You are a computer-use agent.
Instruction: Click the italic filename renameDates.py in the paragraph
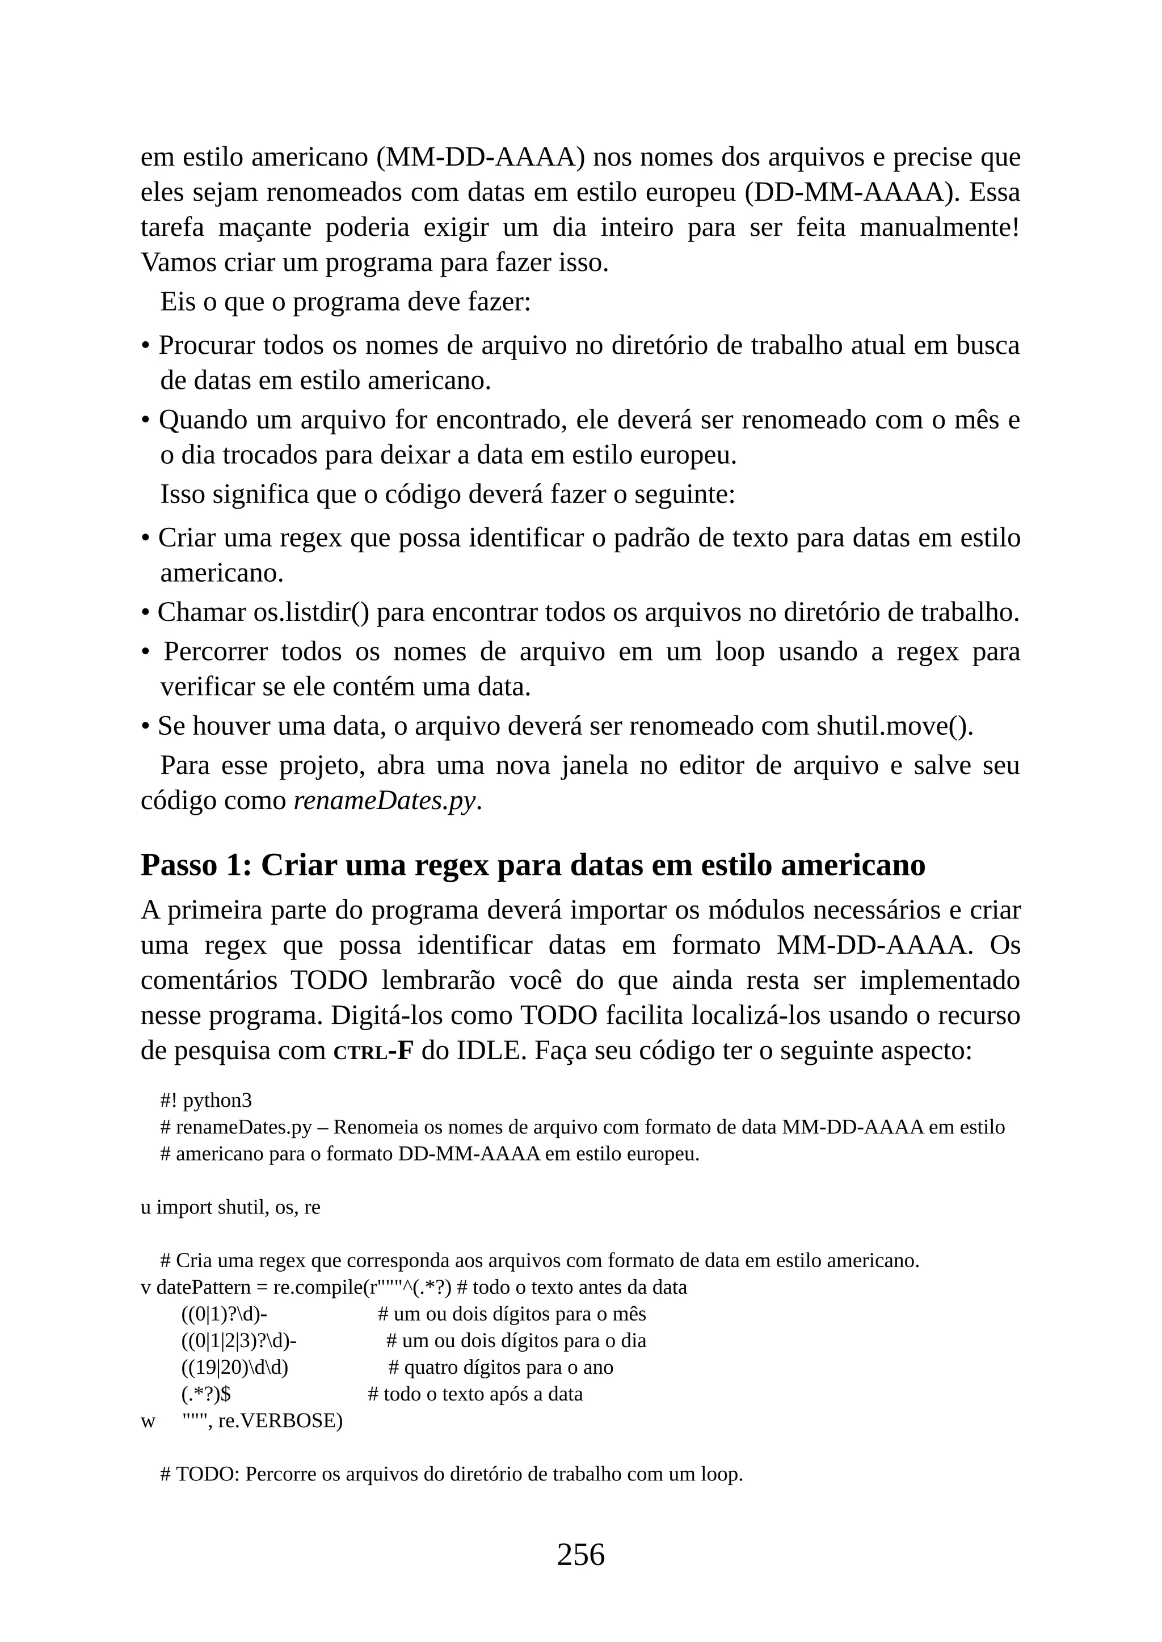coord(385,800)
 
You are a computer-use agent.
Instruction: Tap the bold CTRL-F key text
coord(373,1051)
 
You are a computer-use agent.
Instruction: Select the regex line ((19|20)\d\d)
coord(235,1368)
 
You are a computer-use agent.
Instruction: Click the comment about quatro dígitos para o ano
coord(501,1368)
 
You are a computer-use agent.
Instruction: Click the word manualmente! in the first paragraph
coord(939,227)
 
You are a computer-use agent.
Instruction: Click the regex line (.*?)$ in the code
coord(206,1394)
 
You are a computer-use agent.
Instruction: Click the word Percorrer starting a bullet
coord(216,651)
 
